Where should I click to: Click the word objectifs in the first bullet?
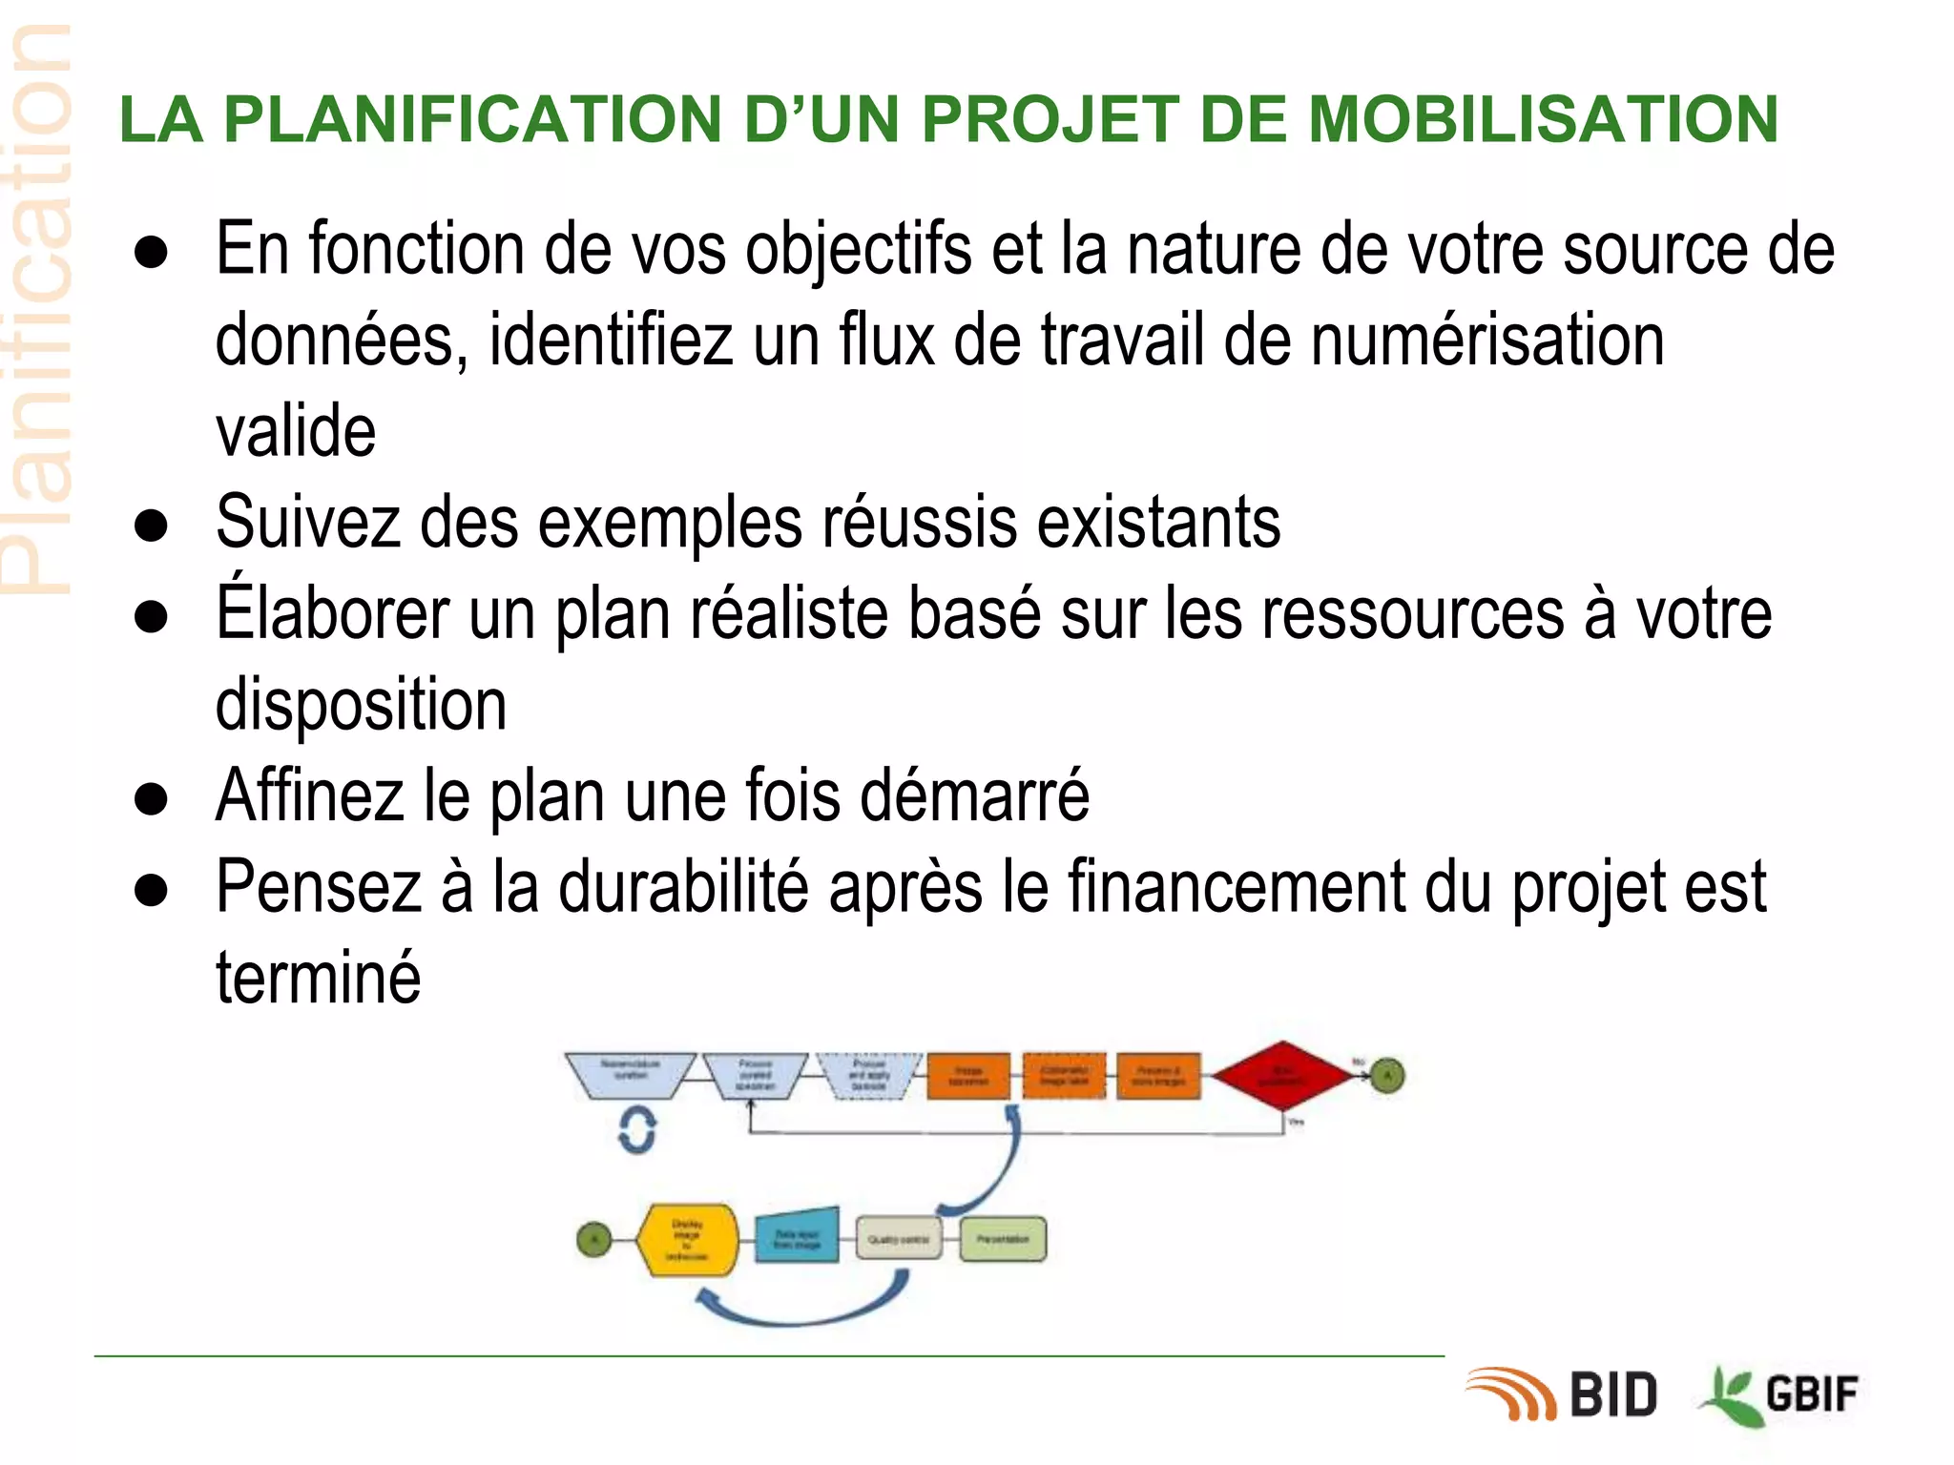(859, 250)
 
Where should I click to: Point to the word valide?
(296, 431)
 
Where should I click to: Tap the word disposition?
(361, 705)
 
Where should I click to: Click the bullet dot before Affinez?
(152, 797)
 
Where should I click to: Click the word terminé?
(318, 978)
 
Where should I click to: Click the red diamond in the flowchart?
(1282, 1076)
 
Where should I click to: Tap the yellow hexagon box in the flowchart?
(687, 1240)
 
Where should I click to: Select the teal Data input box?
(798, 1238)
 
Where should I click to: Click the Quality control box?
(898, 1239)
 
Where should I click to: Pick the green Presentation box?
(1003, 1239)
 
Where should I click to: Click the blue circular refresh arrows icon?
(637, 1130)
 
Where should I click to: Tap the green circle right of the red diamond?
(1388, 1077)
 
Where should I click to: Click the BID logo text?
(1612, 1395)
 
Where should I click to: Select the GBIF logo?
(1780, 1395)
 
